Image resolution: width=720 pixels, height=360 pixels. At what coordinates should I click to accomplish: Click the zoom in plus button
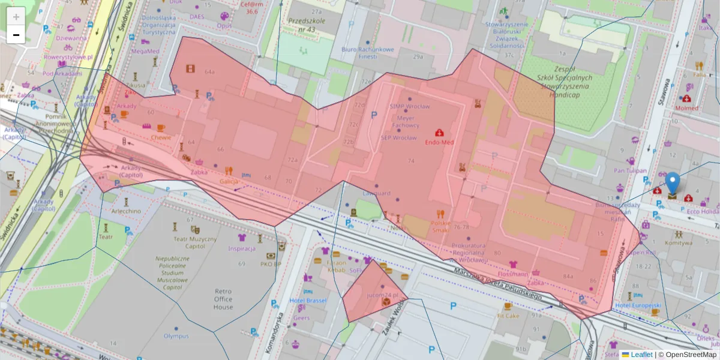coord(16,16)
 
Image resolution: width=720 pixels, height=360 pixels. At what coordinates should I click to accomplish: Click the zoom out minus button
coord(16,35)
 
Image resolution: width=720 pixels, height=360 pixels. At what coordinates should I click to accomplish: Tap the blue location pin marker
coord(673,184)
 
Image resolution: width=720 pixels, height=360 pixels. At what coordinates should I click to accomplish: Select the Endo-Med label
coord(439,142)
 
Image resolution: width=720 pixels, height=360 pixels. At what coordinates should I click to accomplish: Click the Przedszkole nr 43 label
coord(302,25)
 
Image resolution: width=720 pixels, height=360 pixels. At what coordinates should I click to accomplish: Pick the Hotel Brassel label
coord(307,300)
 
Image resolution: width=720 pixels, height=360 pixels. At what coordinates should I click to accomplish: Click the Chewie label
coord(161,137)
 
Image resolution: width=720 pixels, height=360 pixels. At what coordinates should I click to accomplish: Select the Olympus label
coord(176,336)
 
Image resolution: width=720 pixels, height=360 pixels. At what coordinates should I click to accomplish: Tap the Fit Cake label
coord(508,315)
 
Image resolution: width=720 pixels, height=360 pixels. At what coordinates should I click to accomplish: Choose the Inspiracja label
coord(242,248)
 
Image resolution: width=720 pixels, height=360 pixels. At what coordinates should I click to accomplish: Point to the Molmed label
coord(686,108)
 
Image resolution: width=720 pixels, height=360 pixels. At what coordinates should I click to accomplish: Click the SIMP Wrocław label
coord(410,107)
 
